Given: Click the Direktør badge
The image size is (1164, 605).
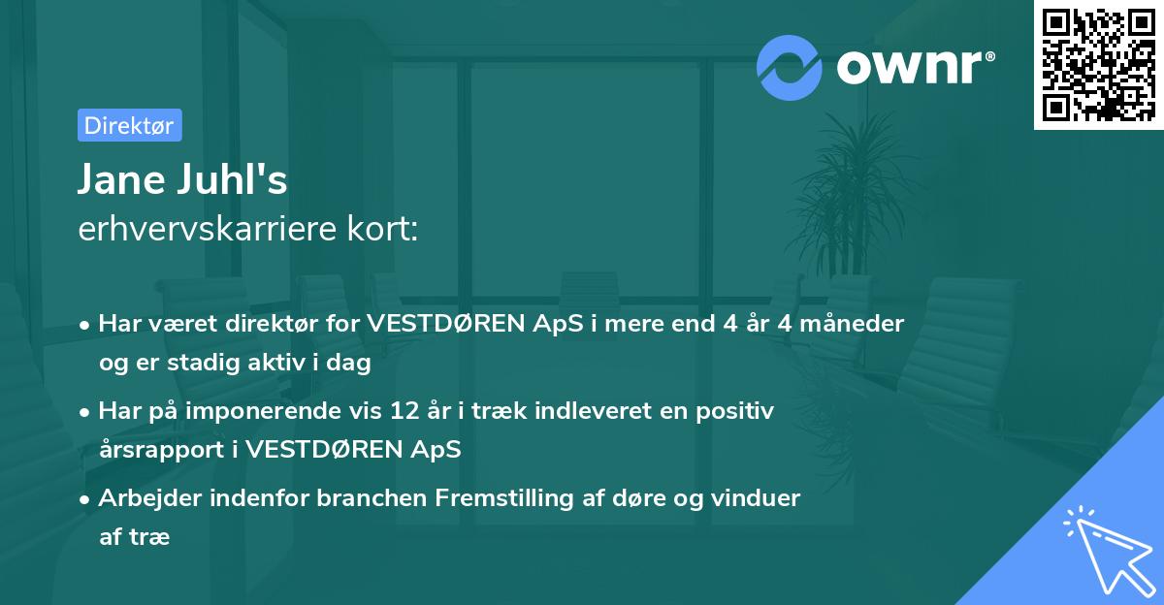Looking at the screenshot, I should point(129,125).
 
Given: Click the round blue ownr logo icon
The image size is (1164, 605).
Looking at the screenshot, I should point(790,67).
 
